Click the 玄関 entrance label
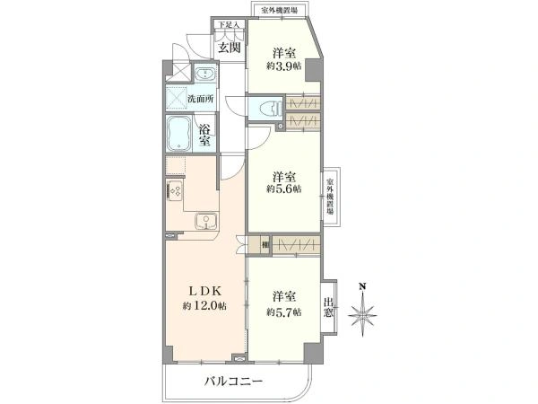(x=230, y=48)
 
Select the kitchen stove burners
(x=174, y=191)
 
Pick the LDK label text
(x=203, y=292)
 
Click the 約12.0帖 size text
(x=204, y=306)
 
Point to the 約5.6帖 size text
(x=284, y=189)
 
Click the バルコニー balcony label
(x=232, y=382)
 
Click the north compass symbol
(x=362, y=313)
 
